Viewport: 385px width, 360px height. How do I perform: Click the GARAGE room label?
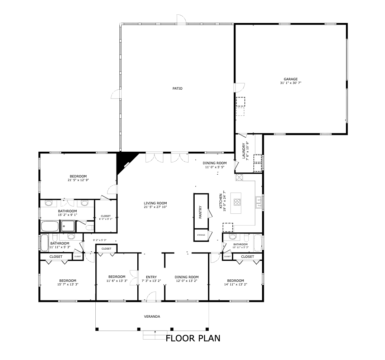pyautogui.click(x=290, y=79)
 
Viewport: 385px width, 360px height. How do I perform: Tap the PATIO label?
pyautogui.click(x=177, y=89)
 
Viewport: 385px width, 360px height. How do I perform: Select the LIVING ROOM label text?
pyautogui.click(x=155, y=203)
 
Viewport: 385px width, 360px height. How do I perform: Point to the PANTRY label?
pyautogui.click(x=200, y=212)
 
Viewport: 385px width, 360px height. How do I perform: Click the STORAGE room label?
pyautogui.click(x=201, y=235)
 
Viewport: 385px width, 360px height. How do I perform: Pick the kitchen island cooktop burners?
pyautogui.click(x=237, y=202)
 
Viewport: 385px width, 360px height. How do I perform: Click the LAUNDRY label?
pyautogui.click(x=244, y=151)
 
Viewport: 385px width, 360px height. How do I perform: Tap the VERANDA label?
pyautogui.click(x=152, y=317)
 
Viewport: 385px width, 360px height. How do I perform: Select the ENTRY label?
pyautogui.click(x=151, y=277)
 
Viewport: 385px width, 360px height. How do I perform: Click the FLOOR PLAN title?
pyautogui.click(x=193, y=338)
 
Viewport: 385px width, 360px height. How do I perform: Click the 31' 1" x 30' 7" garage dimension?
pyautogui.click(x=290, y=83)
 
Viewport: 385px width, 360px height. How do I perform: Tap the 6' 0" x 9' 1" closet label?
pyautogui.click(x=106, y=219)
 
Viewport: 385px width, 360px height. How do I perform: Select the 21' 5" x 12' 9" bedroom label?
pyautogui.click(x=78, y=180)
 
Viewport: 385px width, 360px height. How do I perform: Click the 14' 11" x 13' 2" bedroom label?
pyautogui.click(x=236, y=284)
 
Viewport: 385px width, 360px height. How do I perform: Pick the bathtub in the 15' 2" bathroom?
pyautogui.click(x=50, y=226)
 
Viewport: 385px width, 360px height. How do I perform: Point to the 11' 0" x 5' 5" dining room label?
pyautogui.click(x=215, y=167)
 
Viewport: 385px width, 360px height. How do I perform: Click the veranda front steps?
pyautogui.click(x=155, y=335)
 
